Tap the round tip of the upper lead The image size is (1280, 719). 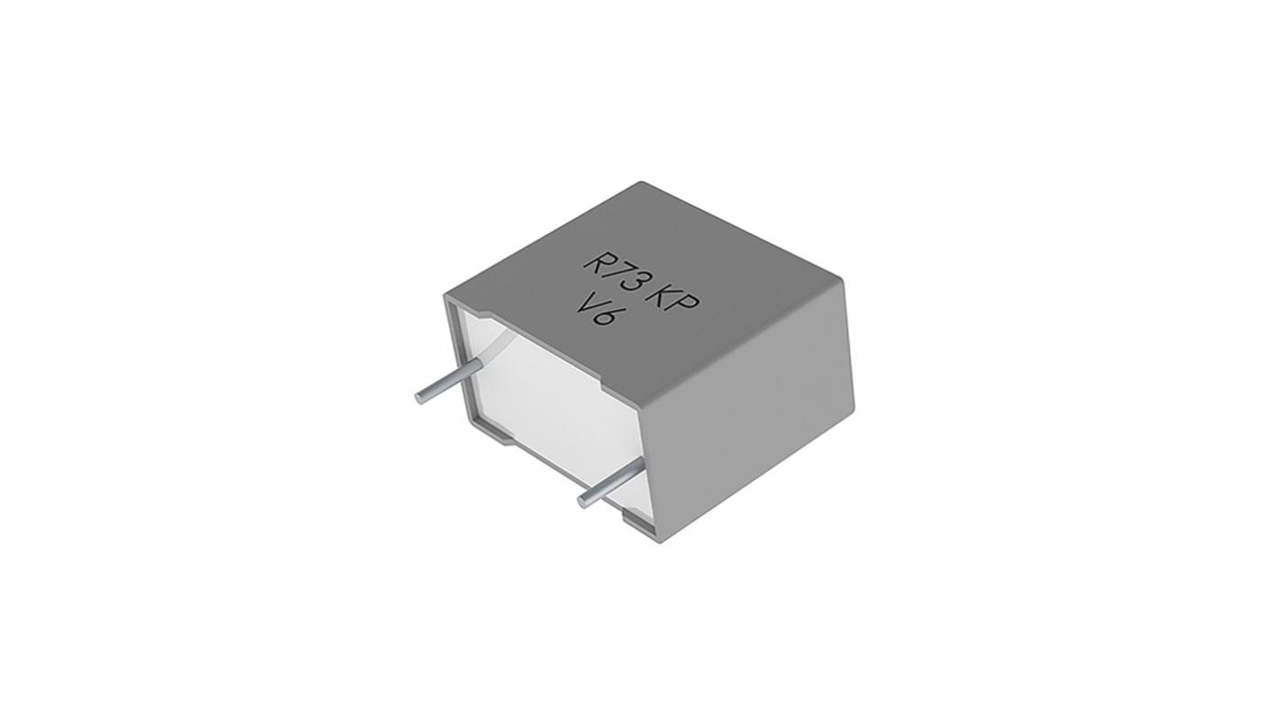[420, 397]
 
